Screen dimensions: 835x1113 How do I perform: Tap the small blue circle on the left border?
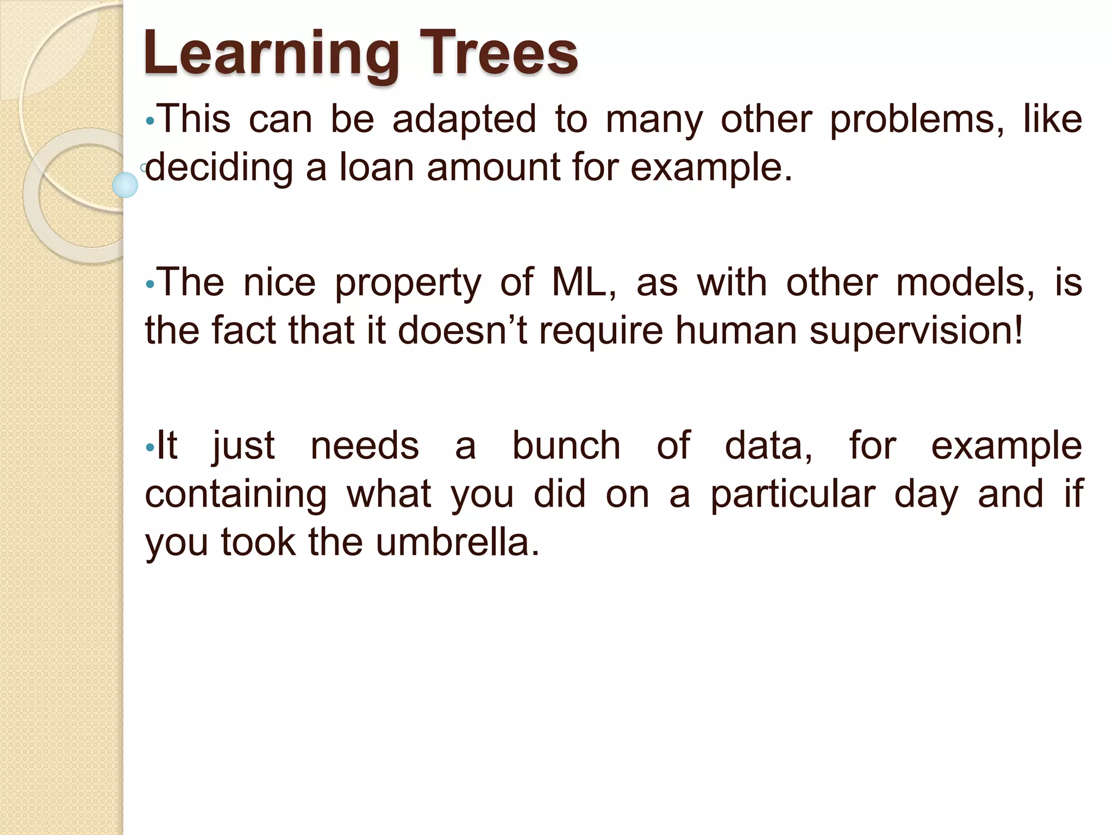pos(125,185)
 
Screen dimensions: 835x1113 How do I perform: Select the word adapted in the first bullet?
pos(464,120)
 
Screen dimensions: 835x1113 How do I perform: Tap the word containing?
pos(236,494)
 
